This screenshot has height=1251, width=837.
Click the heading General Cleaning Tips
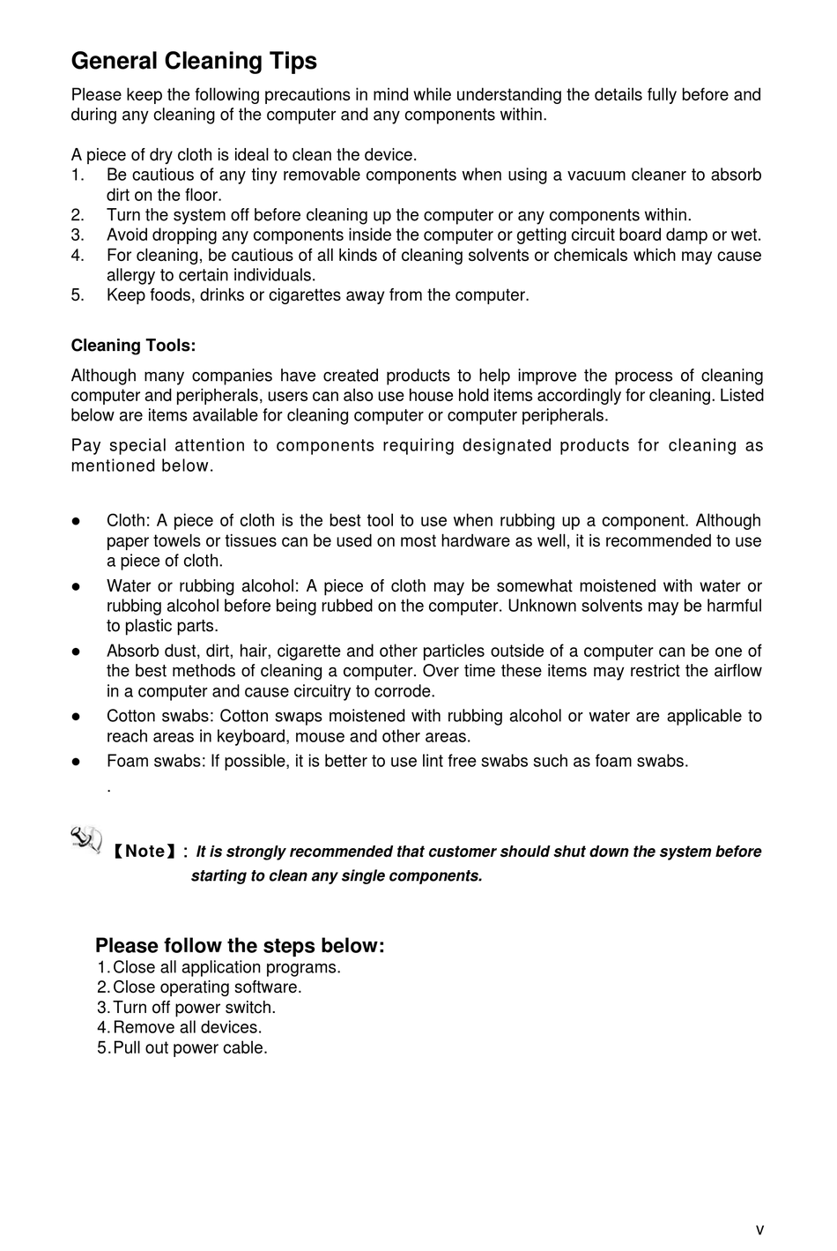coord(194,61)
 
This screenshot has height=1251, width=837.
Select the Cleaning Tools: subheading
coord(133,346)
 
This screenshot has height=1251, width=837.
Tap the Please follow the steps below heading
coord(240,946)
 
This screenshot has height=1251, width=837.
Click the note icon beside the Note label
coord(85,838)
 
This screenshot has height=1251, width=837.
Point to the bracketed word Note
coord(145,852)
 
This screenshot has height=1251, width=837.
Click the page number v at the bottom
coord(759,1230)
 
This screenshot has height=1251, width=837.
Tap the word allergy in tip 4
coord(132,275)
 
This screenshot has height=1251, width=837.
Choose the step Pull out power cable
coord(189,1048)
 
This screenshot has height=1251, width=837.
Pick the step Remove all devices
coord(187,1028)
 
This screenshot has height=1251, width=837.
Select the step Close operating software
coord(207,987)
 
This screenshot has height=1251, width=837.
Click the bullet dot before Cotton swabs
coord(77,717)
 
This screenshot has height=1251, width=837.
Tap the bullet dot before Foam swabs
coord(77,761)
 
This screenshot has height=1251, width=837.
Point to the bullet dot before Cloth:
coord(77,521)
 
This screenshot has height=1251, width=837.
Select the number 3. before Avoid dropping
coord(78,235)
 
